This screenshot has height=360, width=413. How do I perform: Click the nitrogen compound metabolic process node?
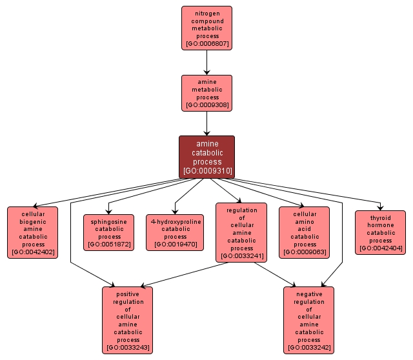point(206,28)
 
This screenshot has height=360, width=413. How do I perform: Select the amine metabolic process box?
point(206,93)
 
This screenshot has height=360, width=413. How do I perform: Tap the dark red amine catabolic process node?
point(206,157)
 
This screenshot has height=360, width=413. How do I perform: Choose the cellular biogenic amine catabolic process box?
point(32,232)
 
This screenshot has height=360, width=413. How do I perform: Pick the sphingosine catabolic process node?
point(108,232)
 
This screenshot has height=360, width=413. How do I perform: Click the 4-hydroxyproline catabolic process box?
point(175,232)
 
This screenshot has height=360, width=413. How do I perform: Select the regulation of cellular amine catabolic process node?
point(241,232)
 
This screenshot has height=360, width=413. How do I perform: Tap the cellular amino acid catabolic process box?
point(305,232)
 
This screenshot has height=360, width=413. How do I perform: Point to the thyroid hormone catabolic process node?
point(380,232)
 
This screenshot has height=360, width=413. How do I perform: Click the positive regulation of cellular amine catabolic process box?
point(128,320)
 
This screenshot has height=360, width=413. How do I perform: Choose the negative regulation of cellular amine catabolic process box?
point(308,320)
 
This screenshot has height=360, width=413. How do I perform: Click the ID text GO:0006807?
point(206,45)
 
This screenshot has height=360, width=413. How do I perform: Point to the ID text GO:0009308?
point(206,105)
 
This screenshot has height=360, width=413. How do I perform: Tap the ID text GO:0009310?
point(206,171)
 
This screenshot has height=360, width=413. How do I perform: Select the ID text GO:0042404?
point(380,248)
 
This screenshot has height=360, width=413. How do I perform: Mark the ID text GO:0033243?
point(128,348)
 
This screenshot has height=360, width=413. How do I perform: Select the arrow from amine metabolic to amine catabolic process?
point(206,123)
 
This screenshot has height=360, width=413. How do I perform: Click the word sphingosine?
point(108,221)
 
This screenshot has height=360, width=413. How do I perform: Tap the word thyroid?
point(380,218)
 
